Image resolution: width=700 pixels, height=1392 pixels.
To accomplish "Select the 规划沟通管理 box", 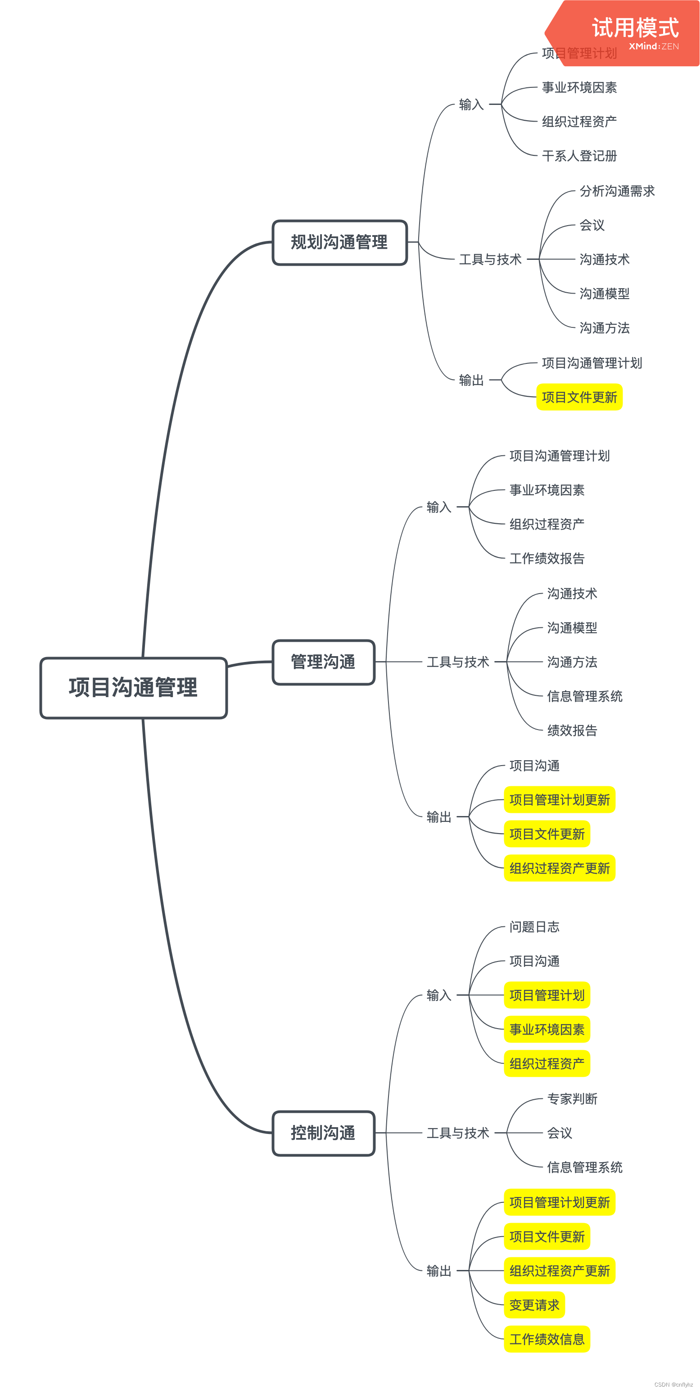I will point(339,242).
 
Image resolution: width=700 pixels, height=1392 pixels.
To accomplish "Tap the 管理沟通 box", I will point(323,662).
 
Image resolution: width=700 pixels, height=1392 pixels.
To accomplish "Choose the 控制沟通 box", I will point(323,1133).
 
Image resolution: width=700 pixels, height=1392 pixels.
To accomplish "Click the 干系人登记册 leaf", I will point(579,156).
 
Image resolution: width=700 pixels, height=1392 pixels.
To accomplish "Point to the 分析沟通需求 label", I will point(617,191).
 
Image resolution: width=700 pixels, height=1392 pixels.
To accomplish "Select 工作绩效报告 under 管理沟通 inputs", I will point(546,558).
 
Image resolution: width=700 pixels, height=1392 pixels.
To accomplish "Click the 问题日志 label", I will point(534,927).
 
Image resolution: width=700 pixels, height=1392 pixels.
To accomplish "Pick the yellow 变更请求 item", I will point(534,1305).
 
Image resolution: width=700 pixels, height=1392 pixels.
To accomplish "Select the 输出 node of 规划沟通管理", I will point(471,380).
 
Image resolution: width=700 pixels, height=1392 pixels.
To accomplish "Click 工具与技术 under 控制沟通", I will point(457,1133).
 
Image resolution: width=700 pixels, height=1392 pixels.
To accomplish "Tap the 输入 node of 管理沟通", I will point(438,507).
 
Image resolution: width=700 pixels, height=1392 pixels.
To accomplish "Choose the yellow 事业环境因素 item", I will point(546,1029).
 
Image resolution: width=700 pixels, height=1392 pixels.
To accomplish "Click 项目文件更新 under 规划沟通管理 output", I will point(579,397).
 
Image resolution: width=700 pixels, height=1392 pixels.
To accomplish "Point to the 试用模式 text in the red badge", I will point(635,27).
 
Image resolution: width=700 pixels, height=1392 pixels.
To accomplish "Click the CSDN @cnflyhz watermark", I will point(673,1384).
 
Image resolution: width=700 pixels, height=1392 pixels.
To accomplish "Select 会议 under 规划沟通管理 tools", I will point(592,225).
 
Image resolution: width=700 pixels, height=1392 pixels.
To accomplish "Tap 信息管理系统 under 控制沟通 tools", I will point(584,1167).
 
